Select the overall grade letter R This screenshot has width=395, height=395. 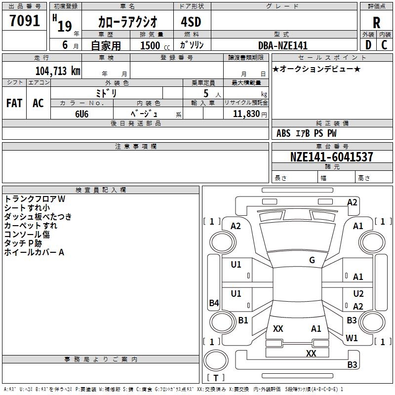[376, 23]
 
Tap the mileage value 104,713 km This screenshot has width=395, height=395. [58, 71]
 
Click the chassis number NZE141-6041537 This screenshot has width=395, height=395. [331, 157]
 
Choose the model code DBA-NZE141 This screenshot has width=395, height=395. [283, 45]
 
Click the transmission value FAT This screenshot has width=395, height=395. [14, 103]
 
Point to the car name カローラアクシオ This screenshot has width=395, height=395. [128, 22]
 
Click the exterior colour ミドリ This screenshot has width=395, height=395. [106, 93]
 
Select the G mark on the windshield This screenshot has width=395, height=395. [312, 260]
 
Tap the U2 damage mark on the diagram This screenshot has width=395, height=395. [358, 293]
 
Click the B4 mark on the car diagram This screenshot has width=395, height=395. [214, 303]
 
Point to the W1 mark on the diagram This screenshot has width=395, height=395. [352, 338]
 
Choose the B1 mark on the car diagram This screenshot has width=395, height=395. [243, 320]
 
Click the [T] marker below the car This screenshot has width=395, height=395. [216, 378]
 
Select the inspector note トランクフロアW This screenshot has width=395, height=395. [35, 198]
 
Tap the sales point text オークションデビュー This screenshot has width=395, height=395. [316, 69]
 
